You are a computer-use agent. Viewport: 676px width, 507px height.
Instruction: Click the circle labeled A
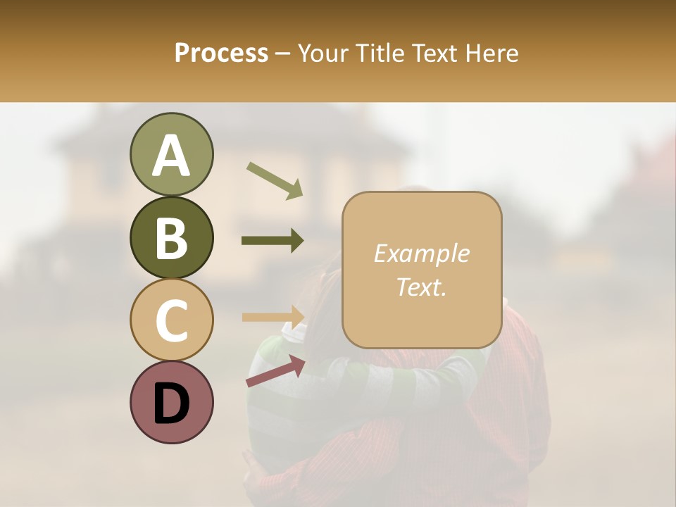(171, 154)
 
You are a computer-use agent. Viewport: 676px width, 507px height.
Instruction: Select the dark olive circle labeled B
(171, 237)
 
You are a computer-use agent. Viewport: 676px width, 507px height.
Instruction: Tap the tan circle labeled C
(171, 320)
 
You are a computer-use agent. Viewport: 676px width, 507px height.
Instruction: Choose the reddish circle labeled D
(171, 402)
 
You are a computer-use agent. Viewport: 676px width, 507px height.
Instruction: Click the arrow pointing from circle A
(274, 180)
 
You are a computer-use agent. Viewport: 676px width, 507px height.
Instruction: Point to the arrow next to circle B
(273, 241)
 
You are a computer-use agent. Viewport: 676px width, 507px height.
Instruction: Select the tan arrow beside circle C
(273, 316)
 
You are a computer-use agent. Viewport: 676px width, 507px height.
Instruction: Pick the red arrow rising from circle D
(275, 371)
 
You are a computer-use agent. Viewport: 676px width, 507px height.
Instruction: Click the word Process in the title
(221, 53)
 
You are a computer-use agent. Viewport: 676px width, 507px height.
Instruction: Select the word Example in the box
(421, 254)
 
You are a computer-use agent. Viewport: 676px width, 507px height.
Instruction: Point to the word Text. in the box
(421, 287)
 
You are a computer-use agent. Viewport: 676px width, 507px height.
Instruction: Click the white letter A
(171, 156)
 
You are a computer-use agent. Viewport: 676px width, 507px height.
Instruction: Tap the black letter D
(171, 403)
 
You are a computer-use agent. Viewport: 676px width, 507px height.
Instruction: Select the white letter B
(171, 238)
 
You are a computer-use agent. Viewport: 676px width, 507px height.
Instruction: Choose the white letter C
(171, 320)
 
